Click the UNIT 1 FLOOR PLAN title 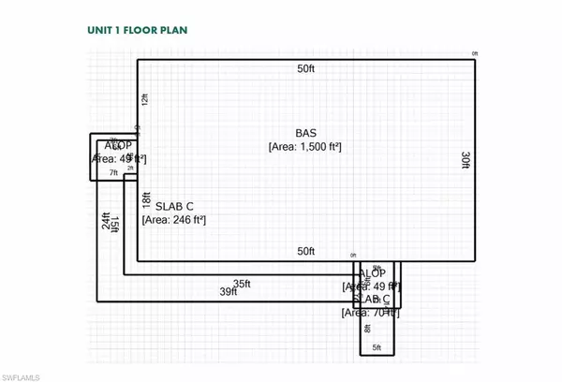point(131,30)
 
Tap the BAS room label point(305,132)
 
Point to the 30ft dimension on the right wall point(465,160)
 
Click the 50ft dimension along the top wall point(305,69)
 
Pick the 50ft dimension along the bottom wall point(305,251)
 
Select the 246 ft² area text point(173,219)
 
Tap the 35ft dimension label point(243,283)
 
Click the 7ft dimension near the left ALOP point(113,173)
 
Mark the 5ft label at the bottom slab point(377,347)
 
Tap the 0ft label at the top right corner point(475,54)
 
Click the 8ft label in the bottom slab point(368,327)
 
